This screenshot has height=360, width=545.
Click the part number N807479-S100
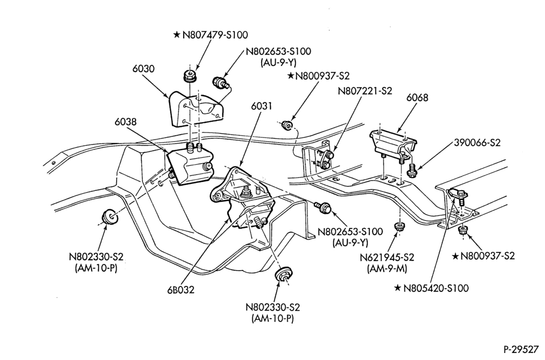point(215,35)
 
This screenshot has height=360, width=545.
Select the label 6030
point(143,69)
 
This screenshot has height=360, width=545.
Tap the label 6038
point(125,122)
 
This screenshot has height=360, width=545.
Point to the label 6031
point(261,106)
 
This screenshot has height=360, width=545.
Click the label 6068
point(417,98)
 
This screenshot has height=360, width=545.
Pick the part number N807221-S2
point(365,91)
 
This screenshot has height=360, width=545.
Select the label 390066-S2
point(477,142)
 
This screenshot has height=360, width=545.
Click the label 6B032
point(181,290)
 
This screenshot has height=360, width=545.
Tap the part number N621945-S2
point(387,258)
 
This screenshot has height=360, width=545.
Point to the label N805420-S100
point(436,288)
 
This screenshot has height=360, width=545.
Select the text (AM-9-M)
point(387,269)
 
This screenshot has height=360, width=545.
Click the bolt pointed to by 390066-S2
point(412,170)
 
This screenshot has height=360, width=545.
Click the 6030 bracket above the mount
point(195,109)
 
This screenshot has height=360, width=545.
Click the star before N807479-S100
point(177,35)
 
